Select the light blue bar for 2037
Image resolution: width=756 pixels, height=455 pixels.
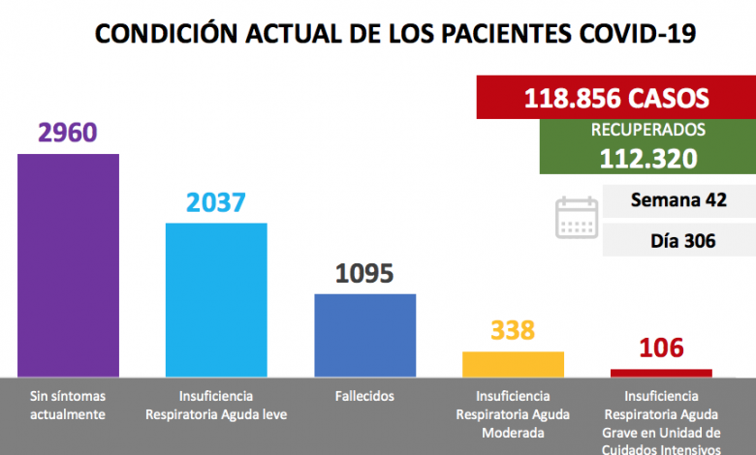(x=216, y=299)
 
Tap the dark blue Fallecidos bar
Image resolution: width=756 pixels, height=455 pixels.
(x=365, y=335)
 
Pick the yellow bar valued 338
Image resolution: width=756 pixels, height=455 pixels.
(x=513, y=364)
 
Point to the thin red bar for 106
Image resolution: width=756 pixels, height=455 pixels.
(x=661, y=372)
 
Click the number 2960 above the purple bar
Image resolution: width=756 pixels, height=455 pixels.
(x=68, y=132)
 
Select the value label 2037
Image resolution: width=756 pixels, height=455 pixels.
(x=216, y=202)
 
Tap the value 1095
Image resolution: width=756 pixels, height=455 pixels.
(x=364, y=273)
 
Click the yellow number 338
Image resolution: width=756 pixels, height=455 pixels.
(x=513, y=330)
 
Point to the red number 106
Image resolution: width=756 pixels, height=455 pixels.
(x=661, y=348)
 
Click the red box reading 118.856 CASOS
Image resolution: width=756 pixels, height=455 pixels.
(x=616, y=98)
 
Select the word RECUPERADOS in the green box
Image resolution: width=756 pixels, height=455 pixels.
(x=647, y=129)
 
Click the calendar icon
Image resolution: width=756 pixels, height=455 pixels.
(x=577, y=218)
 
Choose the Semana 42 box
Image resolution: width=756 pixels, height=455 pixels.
(x=677, y=200)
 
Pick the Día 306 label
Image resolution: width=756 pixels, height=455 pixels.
(x=677, y=239)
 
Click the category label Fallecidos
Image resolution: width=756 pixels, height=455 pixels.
(x=364, y=397)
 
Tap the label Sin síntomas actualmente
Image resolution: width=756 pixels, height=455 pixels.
(x=68, y=406)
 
